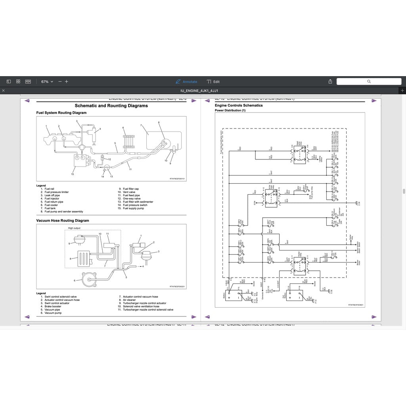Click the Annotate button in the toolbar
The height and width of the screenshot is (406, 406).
pyautogui.click(x=186, y=82)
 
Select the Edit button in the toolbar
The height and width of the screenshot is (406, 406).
pyautogui.click(x=213, y=82)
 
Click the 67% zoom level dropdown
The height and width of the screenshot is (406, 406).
pyautogui.click(x=47, y=82)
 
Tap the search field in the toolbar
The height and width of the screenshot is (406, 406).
pyautogui.click(x=369, y=81)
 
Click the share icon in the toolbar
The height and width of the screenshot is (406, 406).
pyautogui.click(x=330, y=82)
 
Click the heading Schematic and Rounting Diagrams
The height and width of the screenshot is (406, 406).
pyautogui.click(x=111, y=106)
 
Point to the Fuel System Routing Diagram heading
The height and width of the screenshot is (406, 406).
pyautogui.click(x=61, y=113)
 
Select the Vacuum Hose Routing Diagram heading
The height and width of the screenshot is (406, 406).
pyautogui.click(x=63, y=220)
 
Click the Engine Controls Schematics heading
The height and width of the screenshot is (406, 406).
pyautogui.click(x=239, y=105)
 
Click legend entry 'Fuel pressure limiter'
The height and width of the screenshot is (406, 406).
pyautogui.click(x=56, y=192)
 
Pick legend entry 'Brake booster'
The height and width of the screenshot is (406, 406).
pyautogui.click(x=53, y=306)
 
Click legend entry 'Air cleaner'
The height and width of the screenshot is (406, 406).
pyautogui.click(x=129, y=300)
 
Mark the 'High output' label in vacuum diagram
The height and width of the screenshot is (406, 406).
pyautogui.click(x=74, y=228)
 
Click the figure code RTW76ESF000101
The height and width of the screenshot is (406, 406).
pyautogui.click(x=177, y=179)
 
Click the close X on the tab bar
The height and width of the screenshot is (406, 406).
pyautogui.click(x=3, y=91)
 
